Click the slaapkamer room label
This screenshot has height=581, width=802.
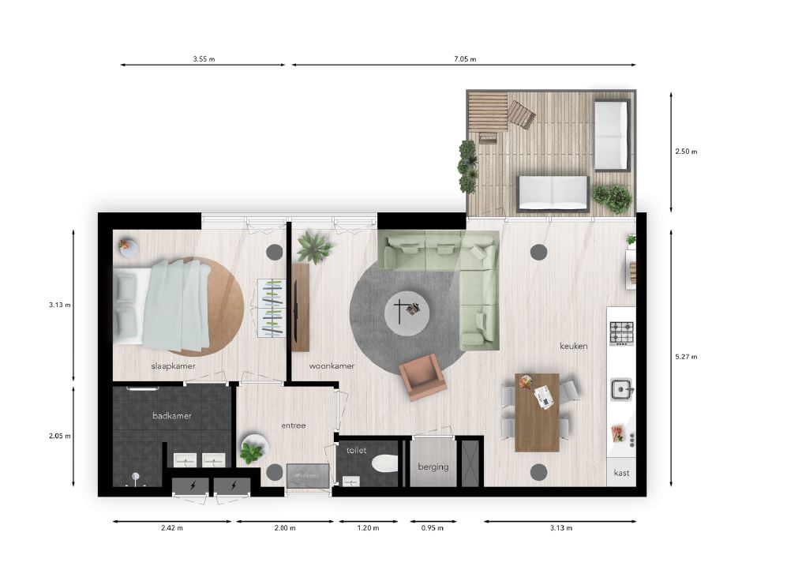[x=173, y=366]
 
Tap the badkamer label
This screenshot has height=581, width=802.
[x=172, y=416]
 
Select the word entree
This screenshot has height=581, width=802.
[x=294, y=425]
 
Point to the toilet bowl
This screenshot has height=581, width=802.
[x=385, y=463]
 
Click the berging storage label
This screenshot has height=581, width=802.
[x=433, y=467]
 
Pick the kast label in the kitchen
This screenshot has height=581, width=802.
[x=621, y=473]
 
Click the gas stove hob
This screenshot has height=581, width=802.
[x=621, y=333]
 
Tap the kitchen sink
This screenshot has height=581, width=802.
[x=621, y=390]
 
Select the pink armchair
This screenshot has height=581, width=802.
[x=422, y=377]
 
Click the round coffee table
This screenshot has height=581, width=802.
[x=407, y=313]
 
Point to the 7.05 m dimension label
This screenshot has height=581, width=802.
[x=465, y=59]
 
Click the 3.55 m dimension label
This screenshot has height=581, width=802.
[x=204, y=59]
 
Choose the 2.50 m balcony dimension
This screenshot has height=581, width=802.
[x=686, y=152]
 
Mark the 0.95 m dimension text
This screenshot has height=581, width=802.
[x=433, y=528]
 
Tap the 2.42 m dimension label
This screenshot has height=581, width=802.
[x=172, y=528]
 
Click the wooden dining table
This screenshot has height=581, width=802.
[x=537, y=412]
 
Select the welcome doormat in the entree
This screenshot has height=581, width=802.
[x=307, y=475]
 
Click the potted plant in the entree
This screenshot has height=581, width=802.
[x=252, y=450]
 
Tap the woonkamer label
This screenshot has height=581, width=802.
[x=332, y=366]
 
